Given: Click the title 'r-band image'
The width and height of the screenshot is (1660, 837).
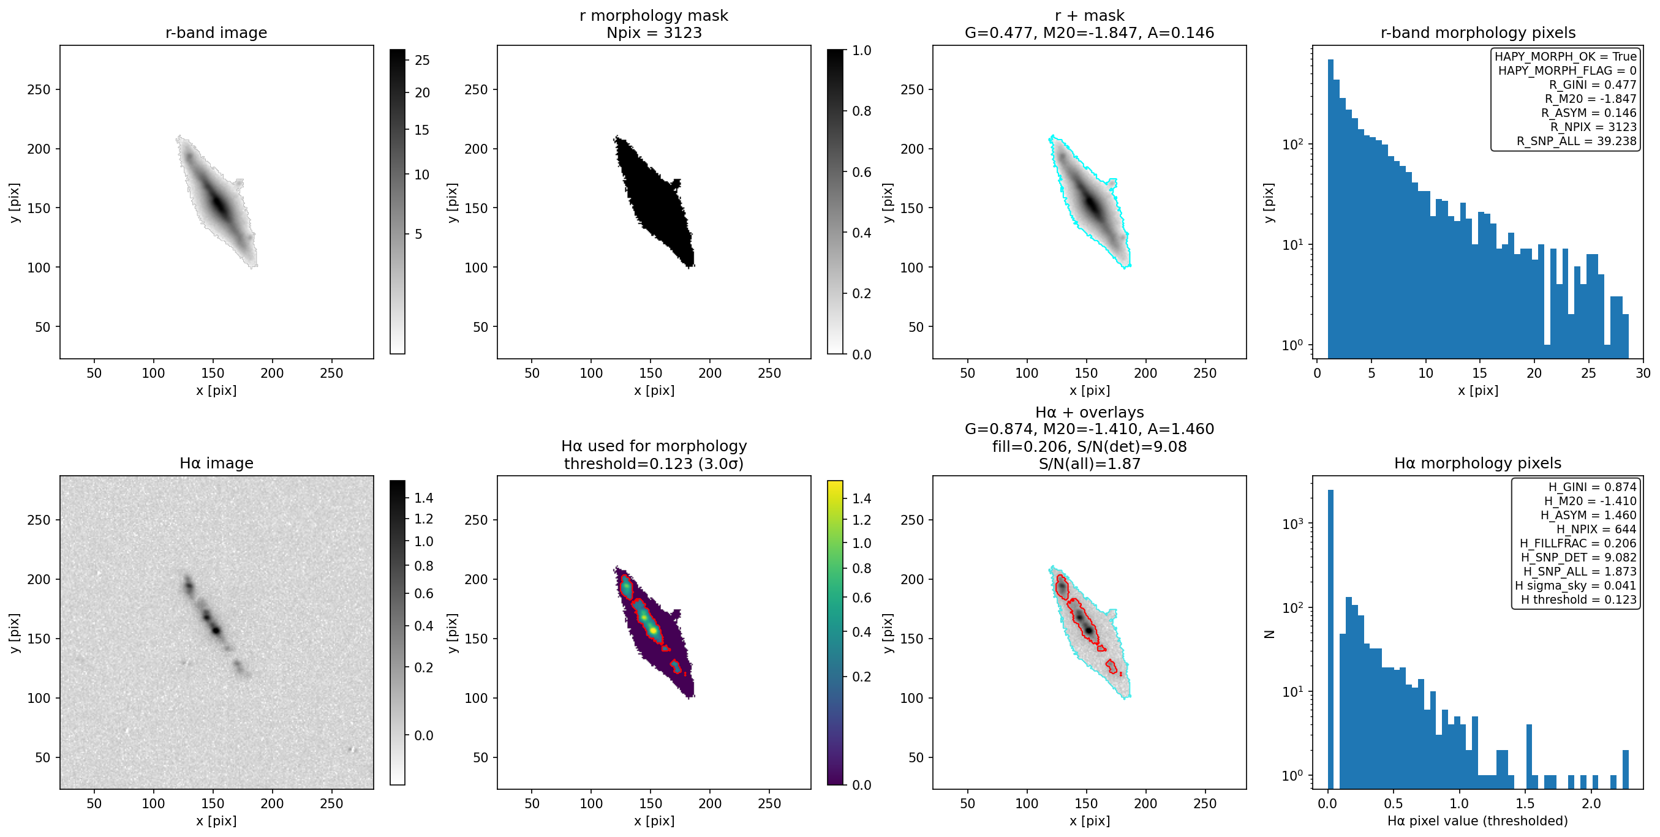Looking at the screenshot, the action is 216,33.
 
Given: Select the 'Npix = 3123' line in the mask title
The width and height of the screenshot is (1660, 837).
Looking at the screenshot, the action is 654,33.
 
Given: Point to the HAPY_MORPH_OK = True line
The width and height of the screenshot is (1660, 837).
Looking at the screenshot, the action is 1565,57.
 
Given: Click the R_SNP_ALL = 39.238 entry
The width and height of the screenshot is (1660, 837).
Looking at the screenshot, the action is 1576,141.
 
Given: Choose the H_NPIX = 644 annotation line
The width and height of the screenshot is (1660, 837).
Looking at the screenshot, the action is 1596,529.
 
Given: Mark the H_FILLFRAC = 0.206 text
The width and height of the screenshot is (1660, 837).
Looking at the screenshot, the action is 1578,543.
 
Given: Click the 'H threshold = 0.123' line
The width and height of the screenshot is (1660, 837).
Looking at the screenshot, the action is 1579,599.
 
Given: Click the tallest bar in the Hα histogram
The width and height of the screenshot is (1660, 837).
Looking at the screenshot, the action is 1330,639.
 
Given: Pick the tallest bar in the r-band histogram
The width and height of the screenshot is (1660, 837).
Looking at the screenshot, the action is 1330,209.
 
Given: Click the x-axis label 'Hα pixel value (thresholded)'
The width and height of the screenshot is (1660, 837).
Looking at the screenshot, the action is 1477,821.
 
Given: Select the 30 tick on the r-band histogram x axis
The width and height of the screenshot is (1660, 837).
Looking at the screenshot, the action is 1643,373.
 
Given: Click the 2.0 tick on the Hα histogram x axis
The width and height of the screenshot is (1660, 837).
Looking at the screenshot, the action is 1591,803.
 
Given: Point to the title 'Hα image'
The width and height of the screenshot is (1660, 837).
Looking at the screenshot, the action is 216,464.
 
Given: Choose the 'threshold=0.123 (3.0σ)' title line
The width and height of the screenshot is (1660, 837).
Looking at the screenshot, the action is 654,464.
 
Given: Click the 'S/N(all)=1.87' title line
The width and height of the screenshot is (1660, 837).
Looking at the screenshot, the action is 1089,464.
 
